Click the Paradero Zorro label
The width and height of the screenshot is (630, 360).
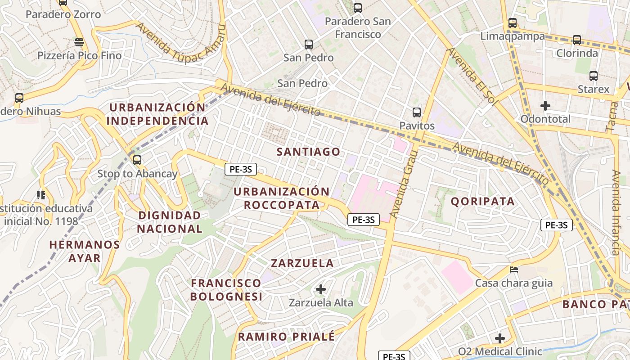point(63,14)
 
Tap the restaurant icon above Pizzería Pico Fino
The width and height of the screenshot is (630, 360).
point(79,42)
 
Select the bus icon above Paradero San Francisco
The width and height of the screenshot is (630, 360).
point(358,8)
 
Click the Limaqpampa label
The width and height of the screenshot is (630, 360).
point(513,36)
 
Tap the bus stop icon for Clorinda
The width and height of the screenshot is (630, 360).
point(577,40)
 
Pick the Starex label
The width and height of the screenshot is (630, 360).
point(593,89)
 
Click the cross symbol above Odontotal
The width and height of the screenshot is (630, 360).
point(545,106)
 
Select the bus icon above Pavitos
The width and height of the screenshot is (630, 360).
point(417,112)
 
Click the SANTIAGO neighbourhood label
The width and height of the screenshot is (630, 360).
point(308,152)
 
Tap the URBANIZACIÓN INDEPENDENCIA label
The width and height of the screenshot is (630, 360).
point(157,114)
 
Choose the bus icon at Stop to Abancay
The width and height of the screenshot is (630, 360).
point(137,160)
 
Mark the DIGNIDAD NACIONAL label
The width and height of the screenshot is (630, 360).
point(169,222)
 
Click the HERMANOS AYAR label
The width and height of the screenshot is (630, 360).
point(85,251)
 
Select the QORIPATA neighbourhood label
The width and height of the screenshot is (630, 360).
point(482,201)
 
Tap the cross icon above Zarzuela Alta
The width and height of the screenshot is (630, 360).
point(321,289)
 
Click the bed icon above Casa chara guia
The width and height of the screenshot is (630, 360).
point(514,270)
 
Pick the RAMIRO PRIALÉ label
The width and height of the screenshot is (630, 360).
point(286,337)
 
